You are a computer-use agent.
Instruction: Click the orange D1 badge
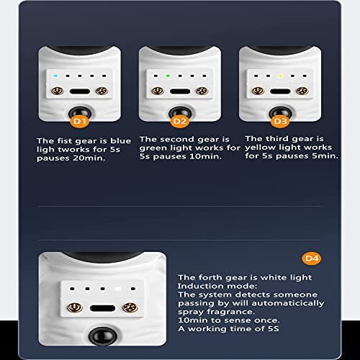80,122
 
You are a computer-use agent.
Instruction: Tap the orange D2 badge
180,122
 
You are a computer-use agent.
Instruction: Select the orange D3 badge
280,122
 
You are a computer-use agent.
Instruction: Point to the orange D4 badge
312,258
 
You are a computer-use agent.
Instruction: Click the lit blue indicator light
55,76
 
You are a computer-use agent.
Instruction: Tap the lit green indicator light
168,76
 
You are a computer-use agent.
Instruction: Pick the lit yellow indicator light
280,76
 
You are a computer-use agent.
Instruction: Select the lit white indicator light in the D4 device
118,289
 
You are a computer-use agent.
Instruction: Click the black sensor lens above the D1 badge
79,113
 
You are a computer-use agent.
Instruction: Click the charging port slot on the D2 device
180,91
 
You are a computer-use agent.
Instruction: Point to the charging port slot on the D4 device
103,308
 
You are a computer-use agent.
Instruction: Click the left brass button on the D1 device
58,91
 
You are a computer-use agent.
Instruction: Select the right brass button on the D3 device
302,91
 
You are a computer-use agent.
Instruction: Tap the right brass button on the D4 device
130,307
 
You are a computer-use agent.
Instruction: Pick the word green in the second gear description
151,148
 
